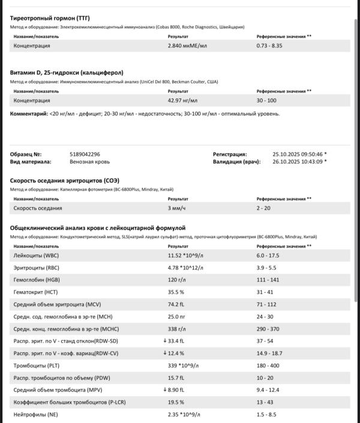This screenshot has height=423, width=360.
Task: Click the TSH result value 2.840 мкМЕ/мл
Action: click(187, 46)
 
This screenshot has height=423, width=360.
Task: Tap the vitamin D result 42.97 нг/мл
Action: click(182, 100)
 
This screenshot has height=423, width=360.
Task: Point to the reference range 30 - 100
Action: click(267, 100)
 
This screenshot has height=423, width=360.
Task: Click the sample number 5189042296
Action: click(85, 154)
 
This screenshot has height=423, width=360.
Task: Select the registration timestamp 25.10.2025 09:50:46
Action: click(298, 154)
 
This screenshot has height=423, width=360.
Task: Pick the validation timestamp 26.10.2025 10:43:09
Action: click(298, 161)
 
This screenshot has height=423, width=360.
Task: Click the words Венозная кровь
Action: click(89, 161)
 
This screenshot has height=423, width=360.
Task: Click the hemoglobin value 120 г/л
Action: click(178, 280)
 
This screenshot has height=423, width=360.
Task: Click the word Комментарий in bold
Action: click(28, 113)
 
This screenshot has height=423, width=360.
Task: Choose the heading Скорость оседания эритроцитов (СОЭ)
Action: click(64, 181)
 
